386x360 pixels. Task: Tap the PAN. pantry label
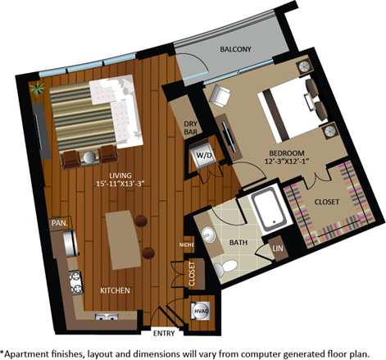tap(59, 222)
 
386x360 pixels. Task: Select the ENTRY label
tap(164, 332)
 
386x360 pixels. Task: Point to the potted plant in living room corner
tap(37, 85)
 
